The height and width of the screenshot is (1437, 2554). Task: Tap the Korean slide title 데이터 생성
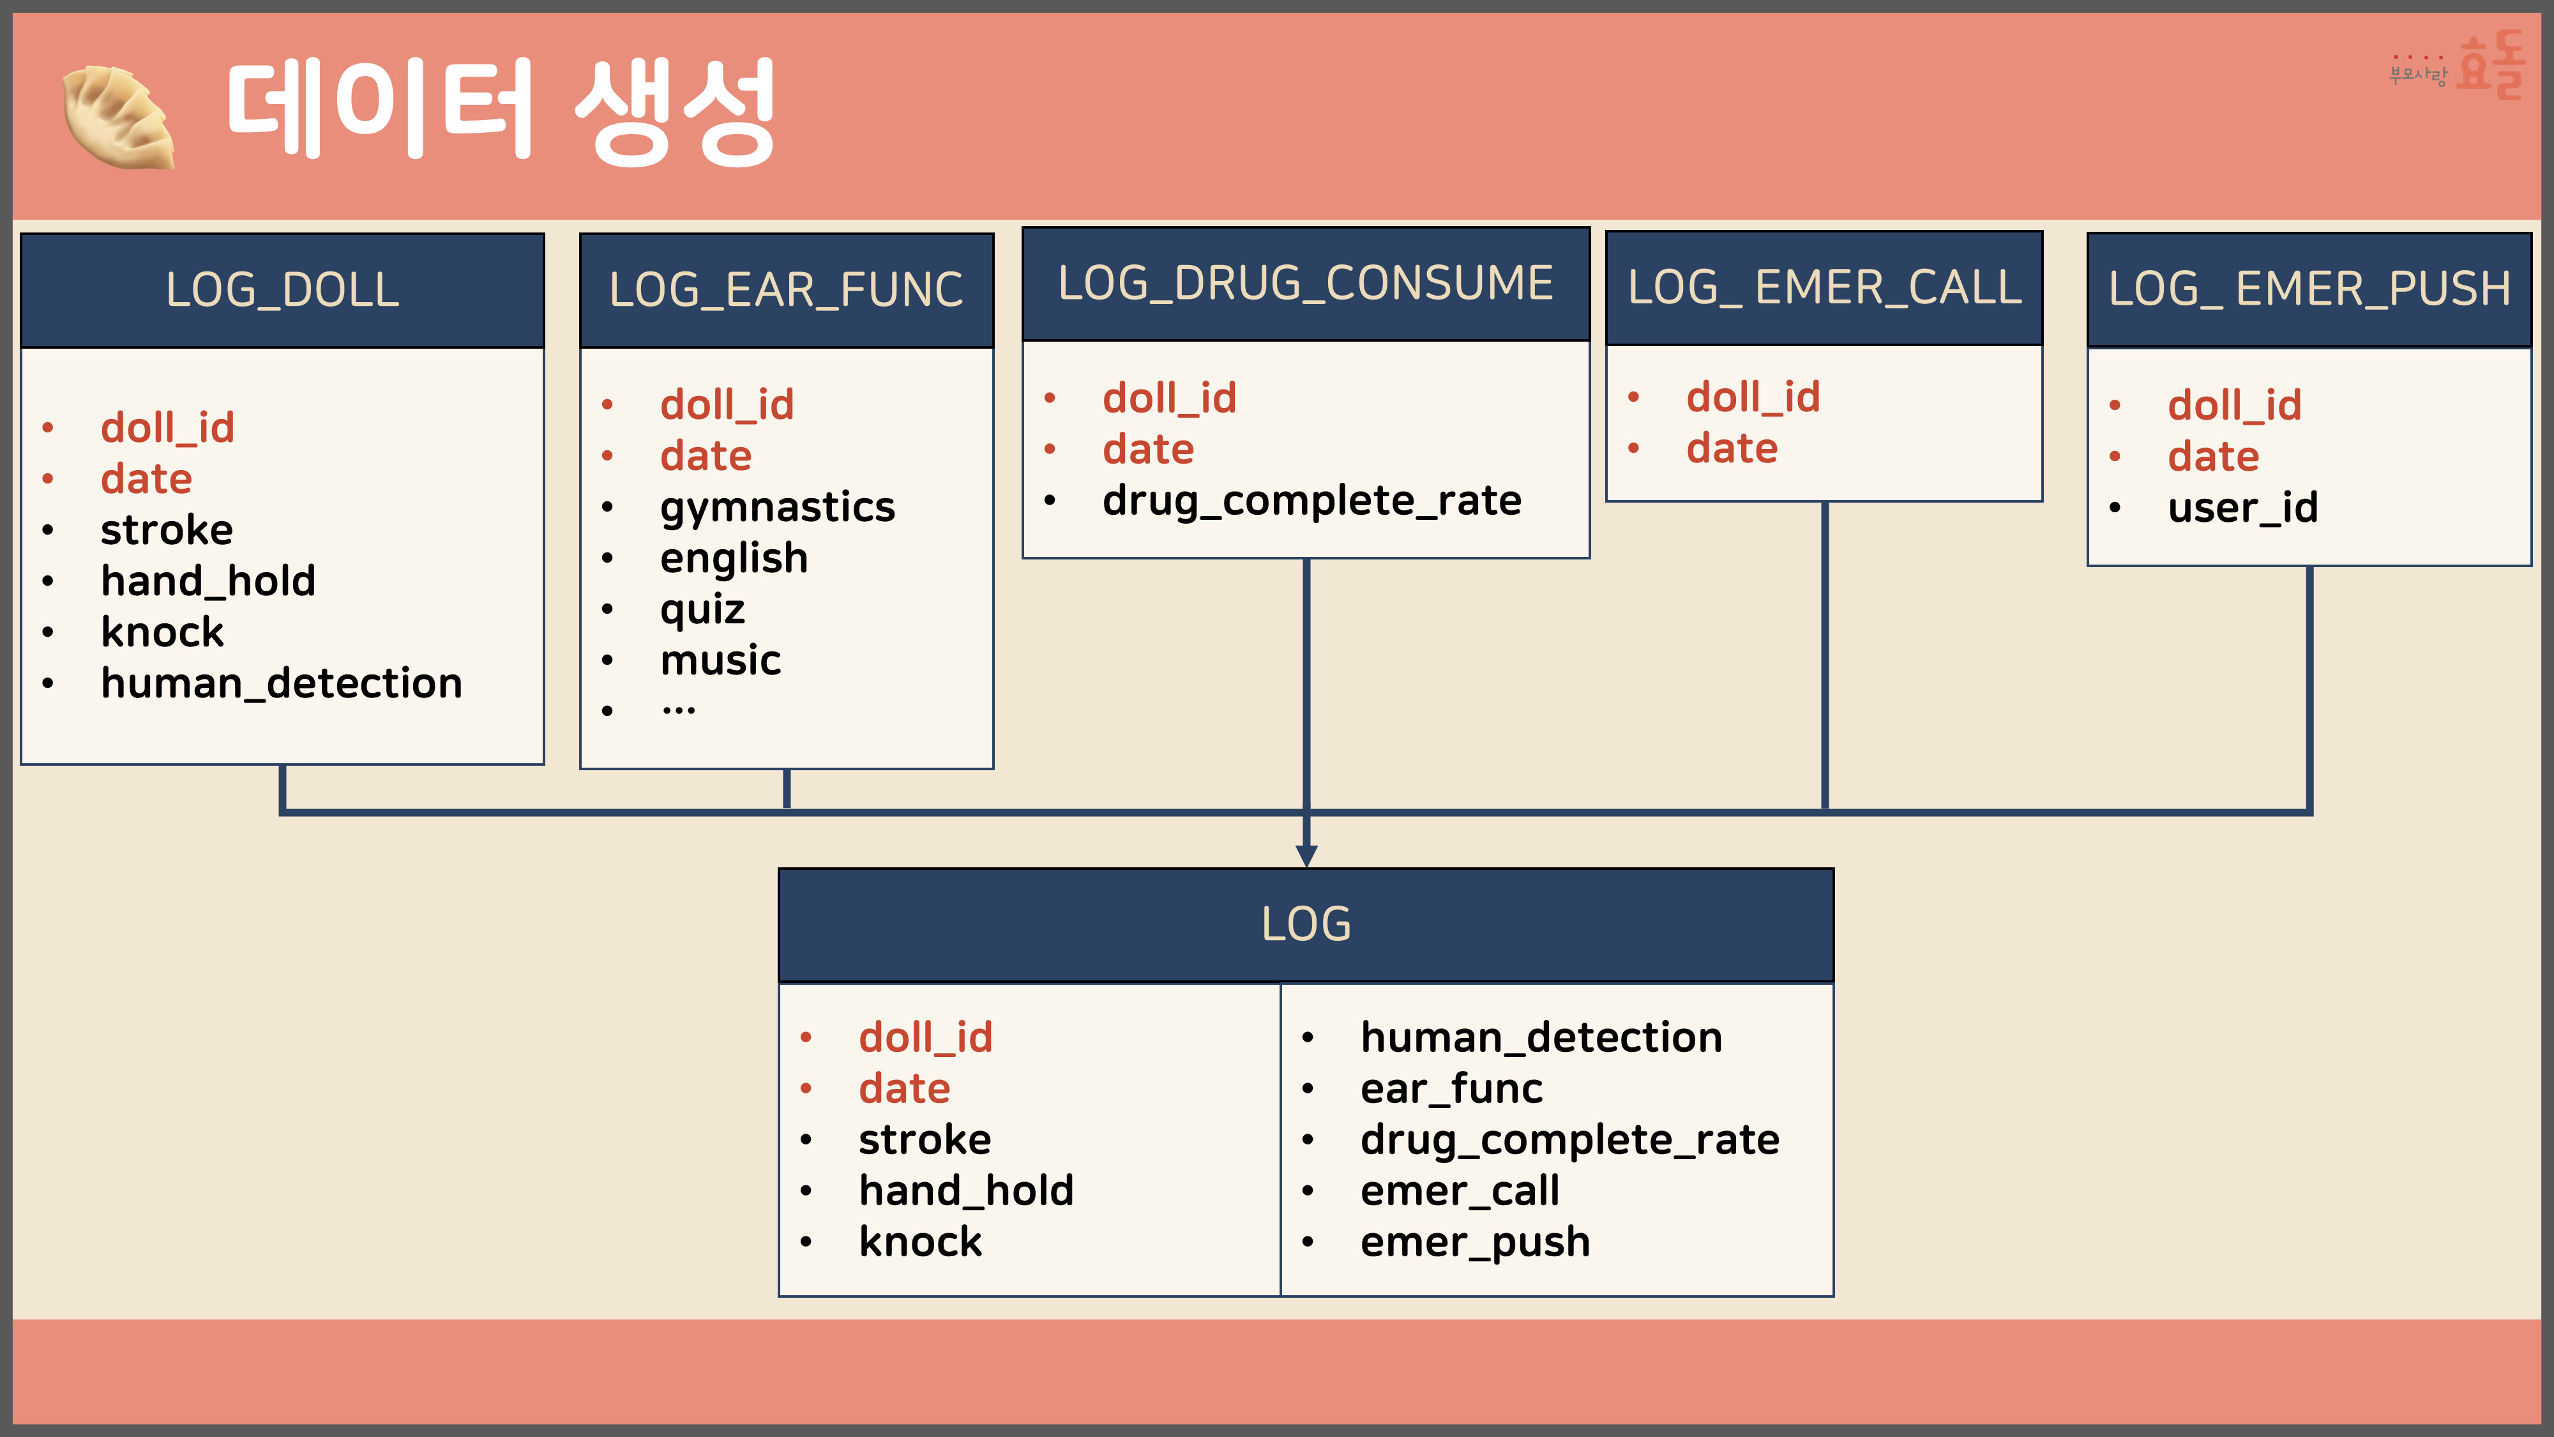click(x=501, y=111)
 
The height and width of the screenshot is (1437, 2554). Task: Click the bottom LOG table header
click(x=1306, y=924)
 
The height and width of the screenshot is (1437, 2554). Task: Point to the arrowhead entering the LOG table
click(x=1307, y=856)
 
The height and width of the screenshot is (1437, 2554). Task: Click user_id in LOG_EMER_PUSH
click(x=2242, y=508)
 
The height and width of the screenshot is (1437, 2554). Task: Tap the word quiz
click(x=702, y=609)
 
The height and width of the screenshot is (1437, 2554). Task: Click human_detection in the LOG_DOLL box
click(x=282, y=683)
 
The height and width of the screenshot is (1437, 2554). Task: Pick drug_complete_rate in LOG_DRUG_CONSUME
click(x=1311, y=501)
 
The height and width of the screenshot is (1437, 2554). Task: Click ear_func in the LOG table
click(x=1451, y=1089)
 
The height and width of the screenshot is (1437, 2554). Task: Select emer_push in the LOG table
click(x=1474, y=1242)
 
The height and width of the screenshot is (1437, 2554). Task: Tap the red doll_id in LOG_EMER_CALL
click(x=1753, y=398)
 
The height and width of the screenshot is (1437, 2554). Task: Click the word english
click(x=734, y=558)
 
